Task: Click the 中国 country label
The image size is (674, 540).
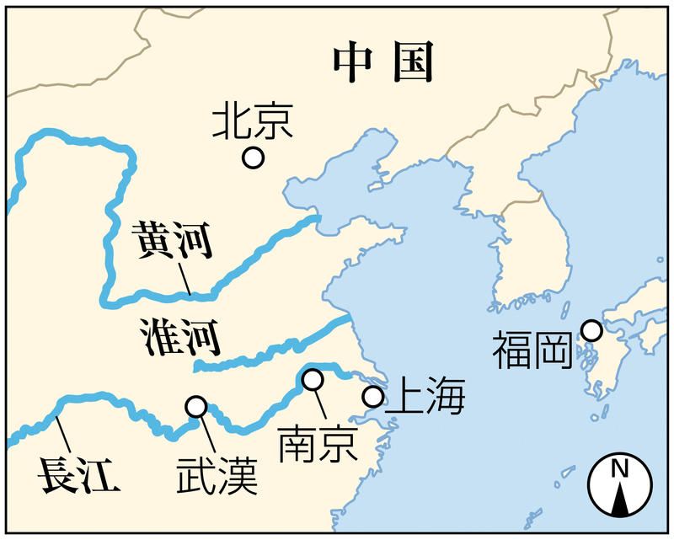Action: [x=382, y=62]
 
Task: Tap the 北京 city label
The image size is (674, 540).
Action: [x=252, y=121]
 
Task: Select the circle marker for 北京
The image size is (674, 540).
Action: [x=253, y=158]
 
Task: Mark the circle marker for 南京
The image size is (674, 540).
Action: [x=313, y=380]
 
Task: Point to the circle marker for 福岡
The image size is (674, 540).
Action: [x=591, y=331]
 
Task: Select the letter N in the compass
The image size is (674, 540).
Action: [x=619, y=468]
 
